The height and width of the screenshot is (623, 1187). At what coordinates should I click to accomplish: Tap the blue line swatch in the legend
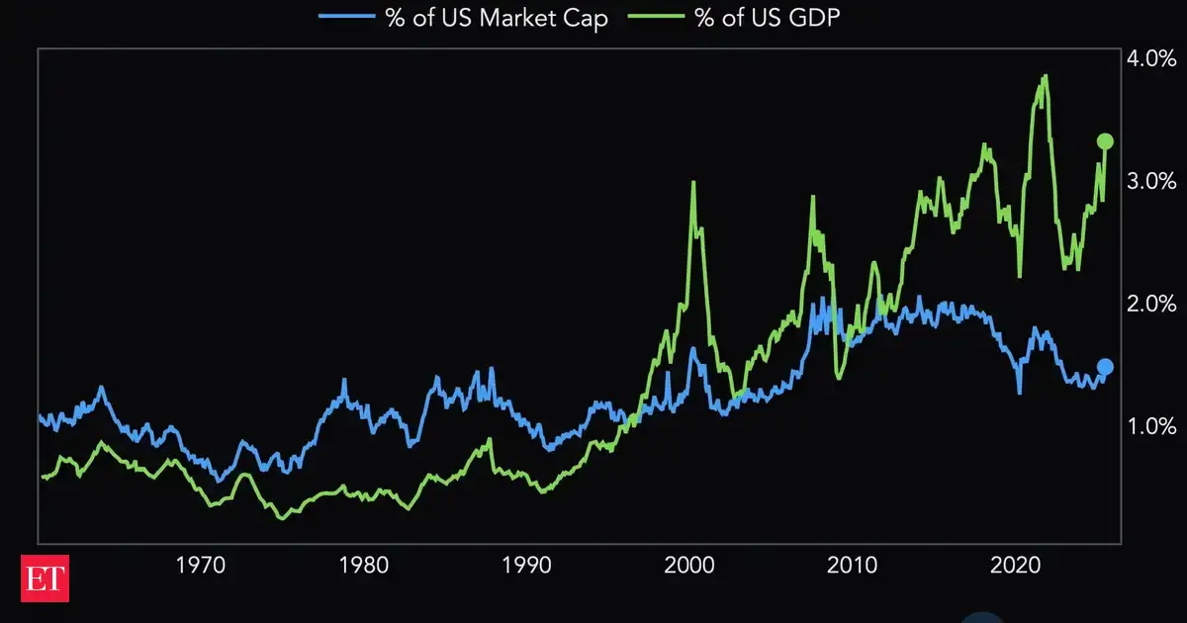click(x=346, y=17)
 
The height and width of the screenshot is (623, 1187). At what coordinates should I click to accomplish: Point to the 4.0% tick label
click(x=1151, y=59)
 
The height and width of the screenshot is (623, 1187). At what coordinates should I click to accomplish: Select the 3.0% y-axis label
click(x=1151, y=181)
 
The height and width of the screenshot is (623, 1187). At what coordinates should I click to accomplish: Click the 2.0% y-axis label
click(x=1151, y=304)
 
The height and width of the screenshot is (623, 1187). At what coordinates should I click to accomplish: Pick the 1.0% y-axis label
click(x=1151, y=426)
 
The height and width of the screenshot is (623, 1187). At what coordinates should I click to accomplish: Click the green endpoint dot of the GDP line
click(x=1106, y=141)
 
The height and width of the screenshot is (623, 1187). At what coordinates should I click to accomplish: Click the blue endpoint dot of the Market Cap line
click(x=1105, y=367)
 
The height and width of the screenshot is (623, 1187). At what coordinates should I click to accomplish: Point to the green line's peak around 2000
click(x=693, y=182)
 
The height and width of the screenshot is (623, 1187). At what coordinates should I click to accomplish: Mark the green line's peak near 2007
click(x=813, y=197)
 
